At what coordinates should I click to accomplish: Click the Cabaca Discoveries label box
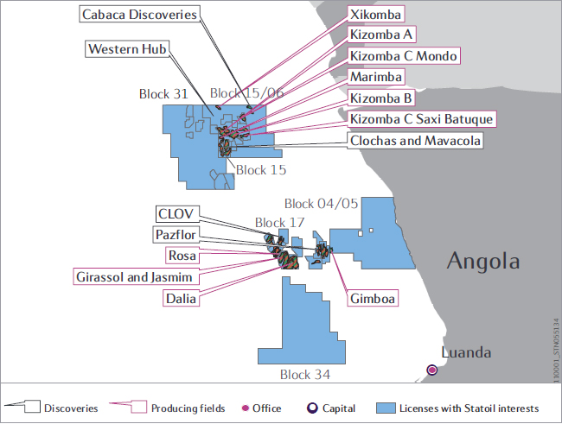coord(139,15)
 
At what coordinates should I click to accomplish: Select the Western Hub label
coord(127,48)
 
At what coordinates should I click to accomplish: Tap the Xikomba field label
coord(375,15)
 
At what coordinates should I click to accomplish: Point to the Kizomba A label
coord(381,35)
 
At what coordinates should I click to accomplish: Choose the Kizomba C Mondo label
coord(404,56)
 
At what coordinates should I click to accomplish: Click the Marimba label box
coord(376,77)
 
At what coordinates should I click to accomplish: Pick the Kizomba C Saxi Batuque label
coord(422,119)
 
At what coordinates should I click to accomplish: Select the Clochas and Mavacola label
coord(415,141)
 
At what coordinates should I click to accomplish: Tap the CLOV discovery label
coord(177,214)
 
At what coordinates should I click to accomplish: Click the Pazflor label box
coord(176,235)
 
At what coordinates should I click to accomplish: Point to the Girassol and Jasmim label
coord(137,277)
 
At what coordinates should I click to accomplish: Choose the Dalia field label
coord(181,298)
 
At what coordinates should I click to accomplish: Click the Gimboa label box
coord(373,298)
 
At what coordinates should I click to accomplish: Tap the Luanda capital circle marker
coord(432,370)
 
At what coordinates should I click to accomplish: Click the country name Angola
coord(483,260)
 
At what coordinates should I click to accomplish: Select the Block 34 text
coord(305,375)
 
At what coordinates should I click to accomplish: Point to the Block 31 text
coord(163,94)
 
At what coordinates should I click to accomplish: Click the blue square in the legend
coord(386,408)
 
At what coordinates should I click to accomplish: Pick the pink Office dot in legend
coord(246,408)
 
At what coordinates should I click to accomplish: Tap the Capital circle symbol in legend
coord(312,408)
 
